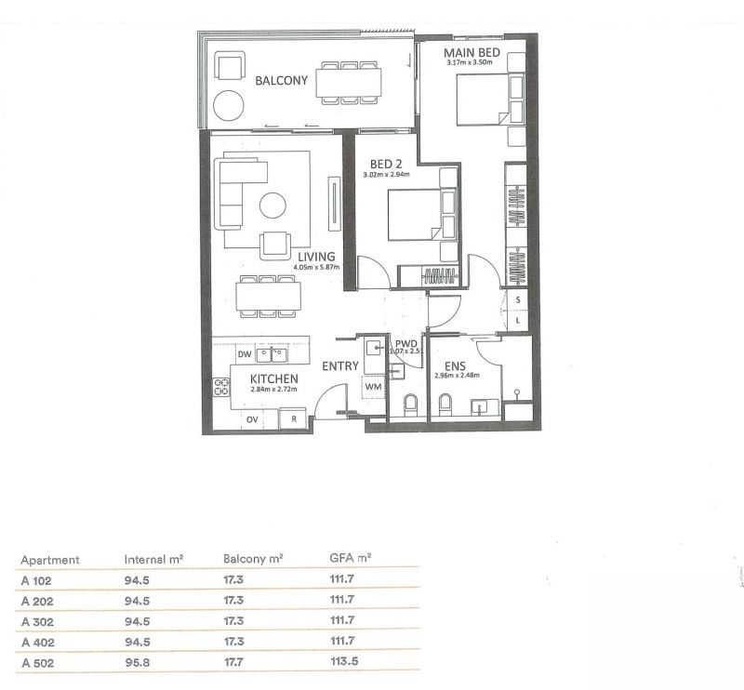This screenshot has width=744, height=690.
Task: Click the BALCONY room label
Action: [281, 81]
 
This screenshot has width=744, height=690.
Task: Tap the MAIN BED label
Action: [473, 53]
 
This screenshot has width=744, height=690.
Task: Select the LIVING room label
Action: [317, 256]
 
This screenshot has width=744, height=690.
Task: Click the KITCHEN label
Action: [274, 379]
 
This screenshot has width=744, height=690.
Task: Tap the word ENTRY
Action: [340, 366]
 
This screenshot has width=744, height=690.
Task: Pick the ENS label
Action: [454, 365]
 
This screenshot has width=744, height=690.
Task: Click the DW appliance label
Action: [245, 354]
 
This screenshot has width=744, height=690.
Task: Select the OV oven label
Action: [252, 420]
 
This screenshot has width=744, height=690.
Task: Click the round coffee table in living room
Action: [274, 205]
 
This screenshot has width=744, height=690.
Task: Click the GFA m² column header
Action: [350, 560]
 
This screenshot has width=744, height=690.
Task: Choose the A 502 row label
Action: [35, 664]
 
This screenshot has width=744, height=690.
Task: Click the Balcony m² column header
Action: [253, 560]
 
